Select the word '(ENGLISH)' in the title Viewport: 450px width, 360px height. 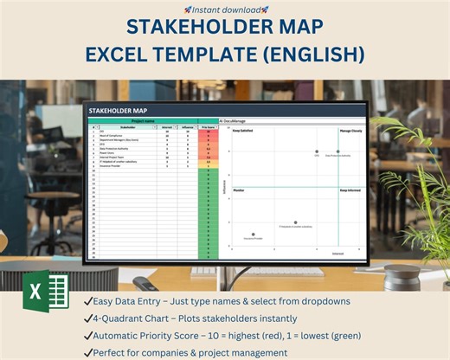[x=307, y=55]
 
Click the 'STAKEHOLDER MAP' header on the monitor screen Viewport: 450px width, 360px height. [x=119, y=110]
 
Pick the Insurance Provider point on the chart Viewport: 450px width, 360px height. [x=253, y=234]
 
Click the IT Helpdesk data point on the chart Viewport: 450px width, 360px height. [x=295, y=222]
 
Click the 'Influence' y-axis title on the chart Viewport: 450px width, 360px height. [x=224, y=186]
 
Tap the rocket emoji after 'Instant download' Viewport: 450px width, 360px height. [x=265, y=9]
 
